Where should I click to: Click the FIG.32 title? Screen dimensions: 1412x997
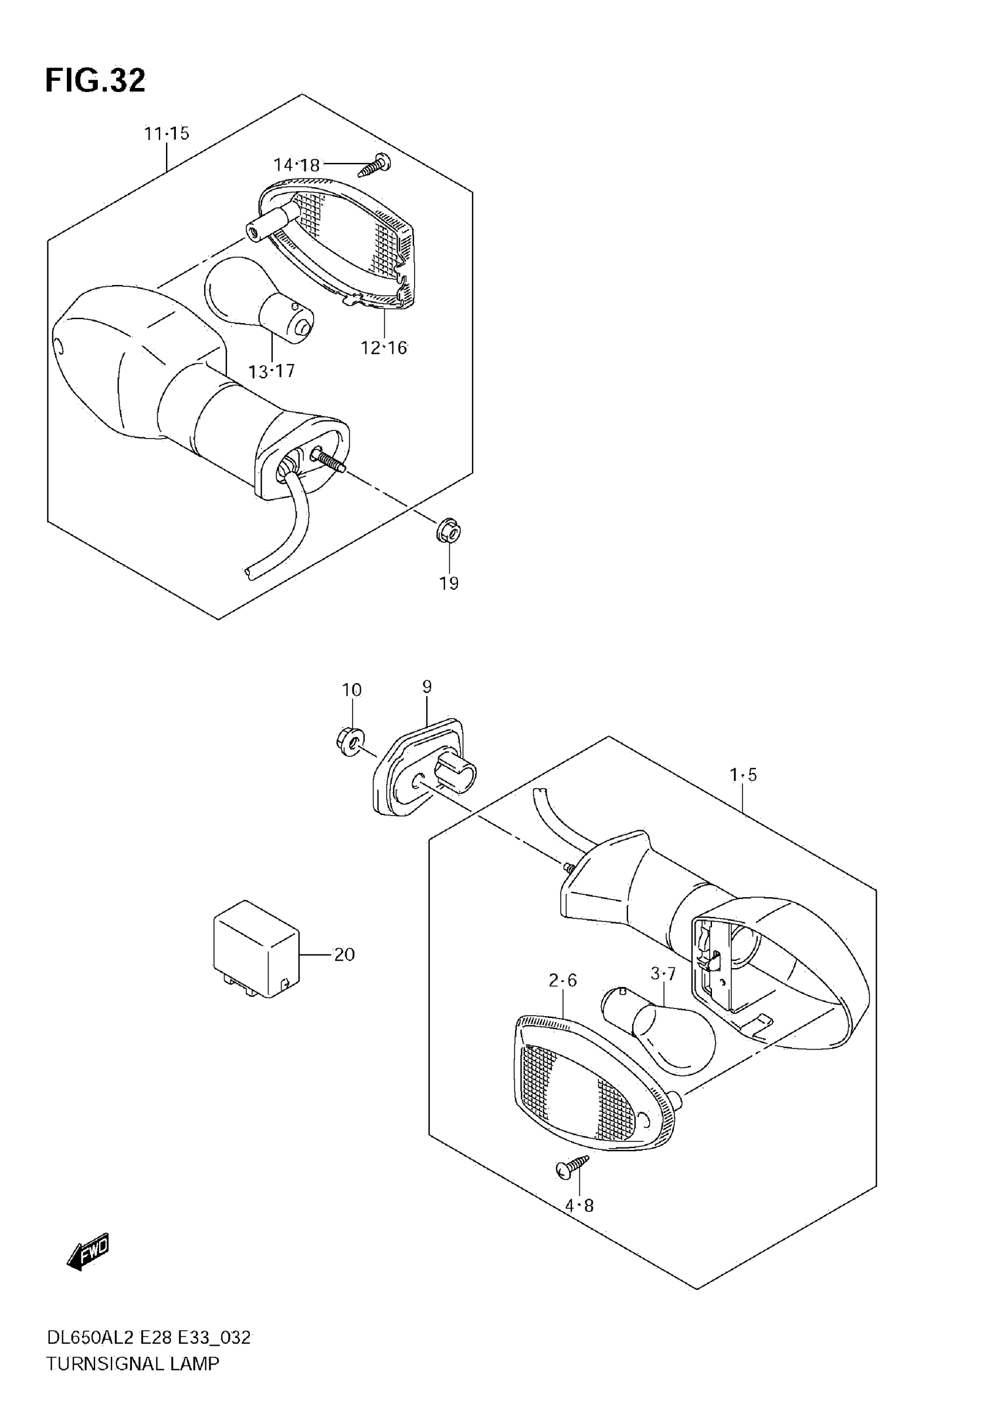click(96, 80)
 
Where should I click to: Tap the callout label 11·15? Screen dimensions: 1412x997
click(167, 134)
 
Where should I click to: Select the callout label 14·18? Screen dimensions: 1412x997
click(296, 165)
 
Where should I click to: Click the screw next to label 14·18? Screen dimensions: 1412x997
click(376, 165)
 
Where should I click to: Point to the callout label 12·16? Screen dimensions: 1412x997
click(384, 348)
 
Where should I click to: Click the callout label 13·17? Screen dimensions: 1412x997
click(271, 371)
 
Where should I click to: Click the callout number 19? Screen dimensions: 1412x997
click(449, 583)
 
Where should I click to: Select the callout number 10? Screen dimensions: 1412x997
click(352, 690)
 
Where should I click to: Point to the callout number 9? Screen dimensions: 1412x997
click(427, 686)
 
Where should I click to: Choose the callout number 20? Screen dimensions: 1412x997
click(344, 955)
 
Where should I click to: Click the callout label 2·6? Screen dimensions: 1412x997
click(563, 980)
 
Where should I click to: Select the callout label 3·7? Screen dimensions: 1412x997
click(663, 973)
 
